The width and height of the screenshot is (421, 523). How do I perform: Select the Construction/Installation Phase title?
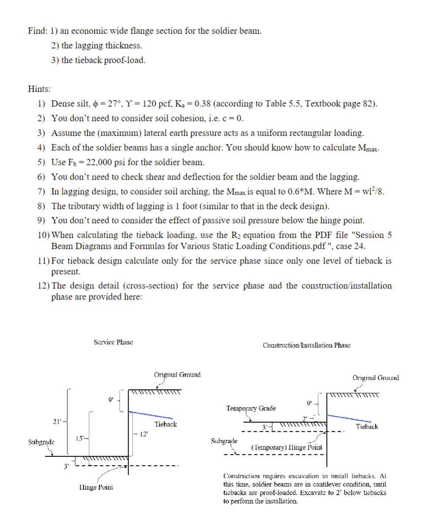click(306, 345)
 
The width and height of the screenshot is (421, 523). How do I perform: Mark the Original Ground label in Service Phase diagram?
click(177, 374)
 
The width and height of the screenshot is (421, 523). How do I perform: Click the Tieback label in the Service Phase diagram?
click(165, 424)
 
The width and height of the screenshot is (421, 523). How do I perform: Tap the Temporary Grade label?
click(250, 408)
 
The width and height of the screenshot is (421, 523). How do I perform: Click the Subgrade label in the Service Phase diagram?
click(41, 442)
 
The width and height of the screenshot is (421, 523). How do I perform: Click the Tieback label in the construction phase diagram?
click(367, 427)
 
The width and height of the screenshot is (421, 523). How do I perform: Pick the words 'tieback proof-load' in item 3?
click(103, 60)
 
